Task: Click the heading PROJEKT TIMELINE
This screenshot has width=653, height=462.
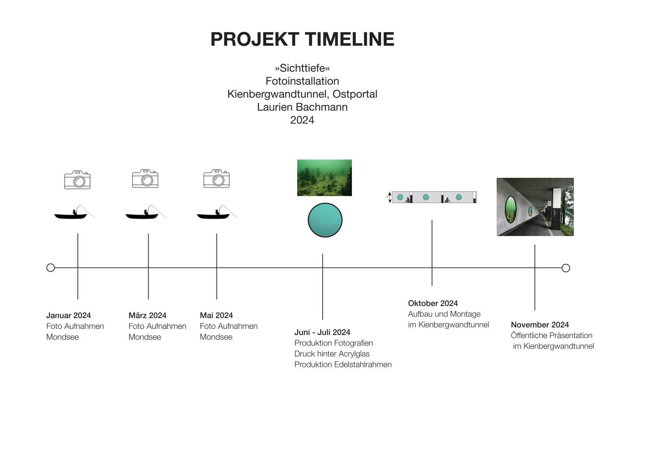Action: coord(302,39)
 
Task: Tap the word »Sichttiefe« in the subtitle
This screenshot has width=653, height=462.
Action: coord(302,68)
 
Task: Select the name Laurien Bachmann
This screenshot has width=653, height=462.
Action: coord(302,107)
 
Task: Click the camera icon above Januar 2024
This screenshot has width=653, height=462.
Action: coord(77,180)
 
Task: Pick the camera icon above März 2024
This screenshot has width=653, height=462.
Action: coord(145,179)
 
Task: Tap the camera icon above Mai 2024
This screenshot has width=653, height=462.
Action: coord(216,179)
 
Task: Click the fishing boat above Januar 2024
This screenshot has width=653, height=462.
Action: coord(74,212)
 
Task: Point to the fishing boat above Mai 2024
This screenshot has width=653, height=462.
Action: coord(217,212)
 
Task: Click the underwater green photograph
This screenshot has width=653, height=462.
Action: coord(324,178)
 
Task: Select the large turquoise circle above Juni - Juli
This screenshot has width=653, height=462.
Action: coord(325,220)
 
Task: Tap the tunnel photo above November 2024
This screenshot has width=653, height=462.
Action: coord(535,207)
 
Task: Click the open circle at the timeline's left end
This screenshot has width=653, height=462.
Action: coord(51,268)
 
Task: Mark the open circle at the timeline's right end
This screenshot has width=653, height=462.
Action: coord(566,268)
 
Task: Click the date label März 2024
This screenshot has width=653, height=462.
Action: coord(147,315)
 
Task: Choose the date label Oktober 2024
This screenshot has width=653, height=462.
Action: coord(433,303)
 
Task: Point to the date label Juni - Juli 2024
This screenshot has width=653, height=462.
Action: coord(322,332)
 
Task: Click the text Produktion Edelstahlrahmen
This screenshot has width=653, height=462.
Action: coord(343,365)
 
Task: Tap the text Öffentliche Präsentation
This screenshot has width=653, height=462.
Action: coord(552,335)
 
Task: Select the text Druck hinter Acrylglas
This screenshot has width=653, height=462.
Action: coord(332,354)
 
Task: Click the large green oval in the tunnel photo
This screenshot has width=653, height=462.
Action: coord(511,209)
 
